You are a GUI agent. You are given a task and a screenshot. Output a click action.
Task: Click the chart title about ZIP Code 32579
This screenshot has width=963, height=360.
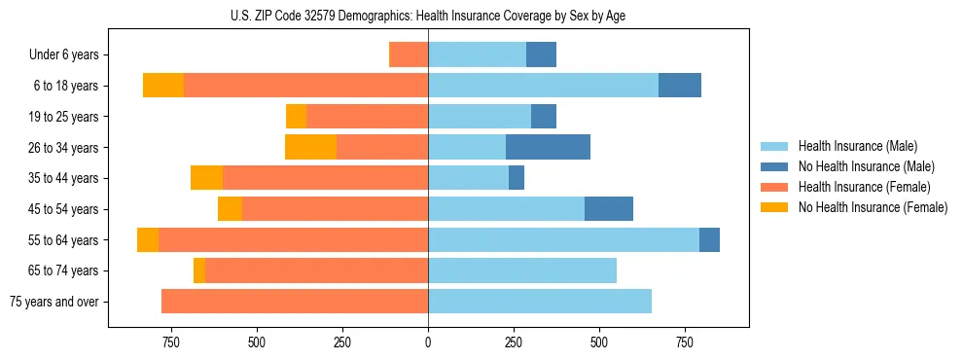pyautogui.click(x=428, y=17)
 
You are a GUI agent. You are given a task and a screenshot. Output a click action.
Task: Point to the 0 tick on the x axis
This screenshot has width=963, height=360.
pyautogui.click(x=428, y=342)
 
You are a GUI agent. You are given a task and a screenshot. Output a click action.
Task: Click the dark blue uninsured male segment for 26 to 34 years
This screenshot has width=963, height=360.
pyautogui.click(x=548, y=147)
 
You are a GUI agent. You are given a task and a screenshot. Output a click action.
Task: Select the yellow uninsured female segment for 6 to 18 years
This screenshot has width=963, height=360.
pyautogui.click(x=163, y=86)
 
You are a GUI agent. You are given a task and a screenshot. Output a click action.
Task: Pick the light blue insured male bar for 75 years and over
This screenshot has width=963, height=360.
pyautogui.click(x=540, y=302)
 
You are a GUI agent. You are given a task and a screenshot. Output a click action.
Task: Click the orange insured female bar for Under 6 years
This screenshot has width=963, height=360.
pyautogui.click(x=409, y=54)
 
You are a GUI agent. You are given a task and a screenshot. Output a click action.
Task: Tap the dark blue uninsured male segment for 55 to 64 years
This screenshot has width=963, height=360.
pyautogui.click(x=709, y=239)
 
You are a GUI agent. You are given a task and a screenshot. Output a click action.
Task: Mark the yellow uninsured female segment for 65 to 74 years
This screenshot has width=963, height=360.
pyautogui.click(x=199, y=270)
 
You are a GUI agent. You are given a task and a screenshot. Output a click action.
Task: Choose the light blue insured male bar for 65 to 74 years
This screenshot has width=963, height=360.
pyautogui.click(x=522, y=270)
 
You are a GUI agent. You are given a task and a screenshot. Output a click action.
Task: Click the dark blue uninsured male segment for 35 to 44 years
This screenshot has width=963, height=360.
pyautogui.click(x=517, y=178)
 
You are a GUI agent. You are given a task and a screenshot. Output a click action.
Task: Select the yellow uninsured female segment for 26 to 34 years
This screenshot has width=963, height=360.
pyautogui.click(x=310, y=147)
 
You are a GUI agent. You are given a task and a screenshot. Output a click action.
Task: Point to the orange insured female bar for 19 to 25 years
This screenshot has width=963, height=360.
pyautogui.click(x=368, y=117)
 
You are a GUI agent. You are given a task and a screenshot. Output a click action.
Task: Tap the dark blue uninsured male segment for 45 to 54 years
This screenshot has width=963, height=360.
pyautogui.click(x=609, y=209)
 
